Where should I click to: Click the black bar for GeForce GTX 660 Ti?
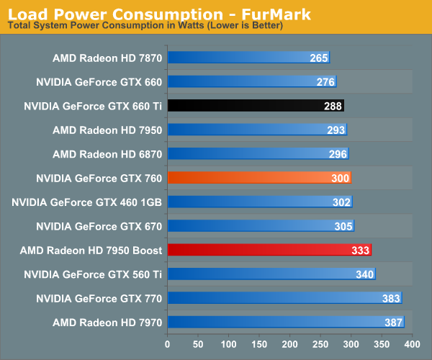[x=256, y=106]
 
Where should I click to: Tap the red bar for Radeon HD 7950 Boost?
[x=269, y=250]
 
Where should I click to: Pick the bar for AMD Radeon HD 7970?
[x=286, y=322]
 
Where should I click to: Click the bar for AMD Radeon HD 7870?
[x=248, y=58]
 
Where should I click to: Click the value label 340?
[x=365, y=274]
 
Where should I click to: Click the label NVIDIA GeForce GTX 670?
[x=99, y=226]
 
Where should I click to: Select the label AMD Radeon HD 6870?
[x=107, y=154]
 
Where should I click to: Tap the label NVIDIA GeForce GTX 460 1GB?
[x=87, y=202]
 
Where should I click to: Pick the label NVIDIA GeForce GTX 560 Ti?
[x=93, y=274]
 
